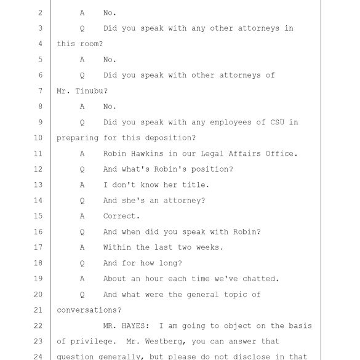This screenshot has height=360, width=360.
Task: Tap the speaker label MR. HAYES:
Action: click(126, 326)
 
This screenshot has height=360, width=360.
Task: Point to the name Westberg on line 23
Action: click(166, 342)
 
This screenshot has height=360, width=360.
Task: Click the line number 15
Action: click(38, 216)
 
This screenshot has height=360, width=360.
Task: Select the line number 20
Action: click(38, 294)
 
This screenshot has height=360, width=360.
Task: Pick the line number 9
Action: click(41, 122)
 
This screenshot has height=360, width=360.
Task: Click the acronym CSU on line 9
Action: click(277, 122)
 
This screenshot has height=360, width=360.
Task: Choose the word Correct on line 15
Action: click(119, 216)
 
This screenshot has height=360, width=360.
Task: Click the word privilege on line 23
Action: click(91, 342)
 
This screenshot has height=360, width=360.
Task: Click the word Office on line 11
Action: click(279, 153)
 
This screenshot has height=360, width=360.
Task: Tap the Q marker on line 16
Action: click(82, 232)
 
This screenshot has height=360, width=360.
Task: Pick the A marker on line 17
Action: click(82, 247)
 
